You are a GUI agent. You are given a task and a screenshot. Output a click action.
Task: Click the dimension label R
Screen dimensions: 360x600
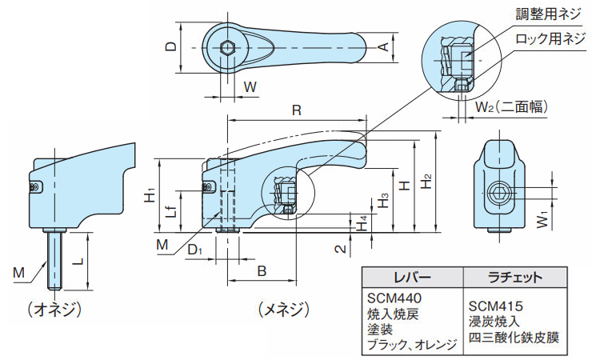296,110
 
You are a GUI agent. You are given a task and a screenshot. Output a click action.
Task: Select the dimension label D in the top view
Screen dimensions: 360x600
170,46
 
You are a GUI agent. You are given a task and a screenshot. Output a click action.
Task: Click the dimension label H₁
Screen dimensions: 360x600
150,194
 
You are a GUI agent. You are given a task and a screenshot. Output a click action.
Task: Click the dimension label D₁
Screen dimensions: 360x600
194,251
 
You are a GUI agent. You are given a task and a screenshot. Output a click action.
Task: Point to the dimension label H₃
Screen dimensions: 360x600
384,201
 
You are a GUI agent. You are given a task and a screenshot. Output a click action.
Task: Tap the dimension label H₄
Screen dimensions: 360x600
362,223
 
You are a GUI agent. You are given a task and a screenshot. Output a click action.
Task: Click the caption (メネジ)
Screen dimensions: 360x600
279,308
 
